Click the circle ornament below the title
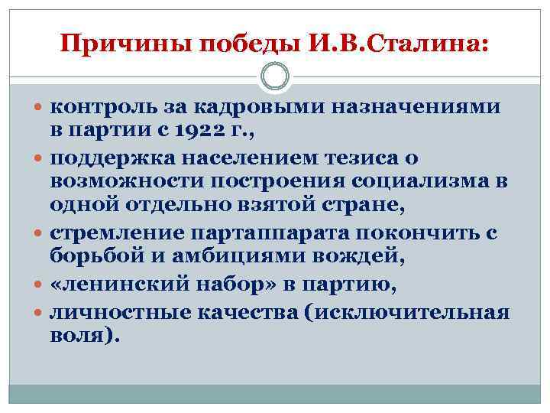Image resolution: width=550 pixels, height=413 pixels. coord(275,76)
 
